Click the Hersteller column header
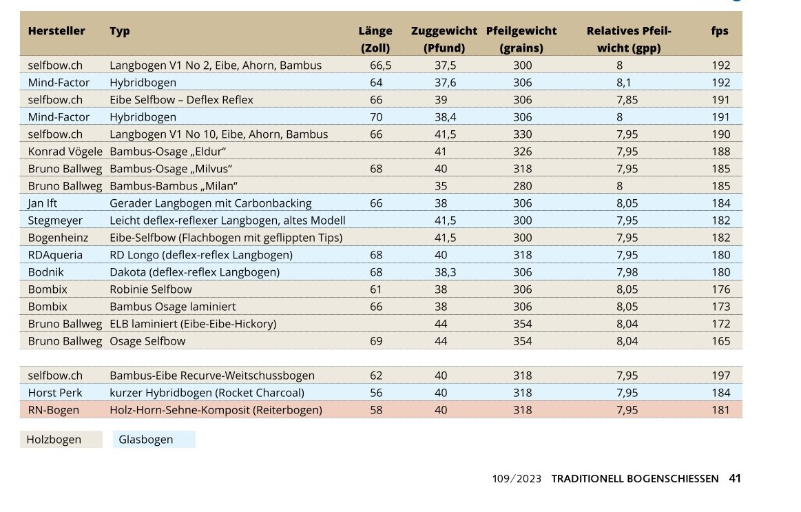point(56,31)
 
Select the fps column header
point(720,31)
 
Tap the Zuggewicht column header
point(444,31)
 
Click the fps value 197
point(720,376)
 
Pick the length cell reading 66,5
point(380,65)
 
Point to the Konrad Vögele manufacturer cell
point(65,152)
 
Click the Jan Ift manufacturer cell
point(43,203)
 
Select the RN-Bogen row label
point(53,410)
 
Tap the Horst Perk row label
point(55,393)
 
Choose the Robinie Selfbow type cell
point(151,289)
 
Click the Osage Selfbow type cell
point(147,341)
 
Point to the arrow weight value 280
point(523,186)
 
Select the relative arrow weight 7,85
point(627,100)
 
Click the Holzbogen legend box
point(61,440)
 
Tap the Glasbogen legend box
point(154,440)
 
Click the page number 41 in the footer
point(735,478)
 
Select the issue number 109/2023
point(517,478)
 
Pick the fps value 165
point(720,341)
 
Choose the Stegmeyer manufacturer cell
point(55,221)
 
